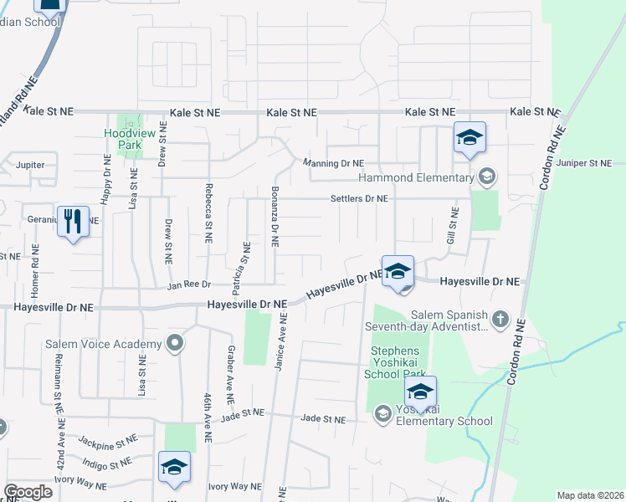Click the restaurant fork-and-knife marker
pos(73,222)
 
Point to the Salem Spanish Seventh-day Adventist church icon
pos(500,318)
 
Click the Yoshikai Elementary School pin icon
pos(382,412)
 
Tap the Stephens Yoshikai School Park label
pos(399,364)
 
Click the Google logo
pos(28,492)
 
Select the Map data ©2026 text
pos(589,495)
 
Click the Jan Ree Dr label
pos(188,286)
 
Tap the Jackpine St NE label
pos(107,439)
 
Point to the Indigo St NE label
pos(106,463)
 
